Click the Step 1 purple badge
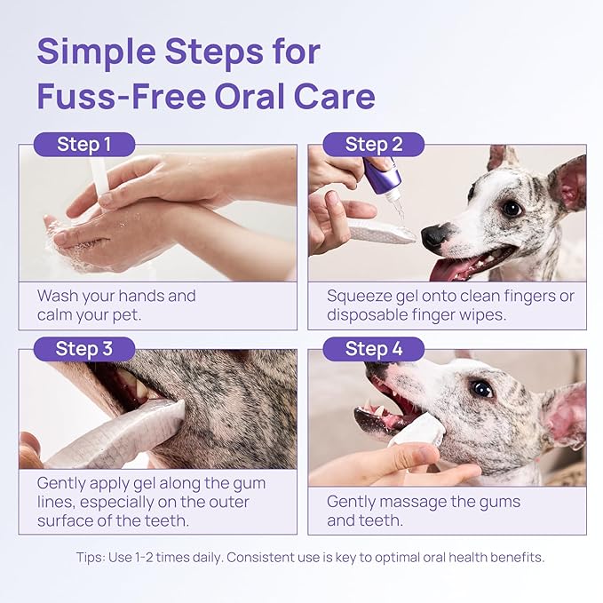click(x=84, y=145)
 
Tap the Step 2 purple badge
click(x=373, y=145)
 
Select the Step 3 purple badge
click(x=84, y=349)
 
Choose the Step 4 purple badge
click(x=373, y=349)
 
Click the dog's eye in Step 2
click(x=512, y=208)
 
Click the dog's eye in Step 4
click(x=482, y=389)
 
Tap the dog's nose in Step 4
click(x=377, y=369)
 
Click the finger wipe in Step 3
click(x=124, y=435)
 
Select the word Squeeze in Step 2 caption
click(x=363, y=296)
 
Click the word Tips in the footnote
click(x=93, y=558)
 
